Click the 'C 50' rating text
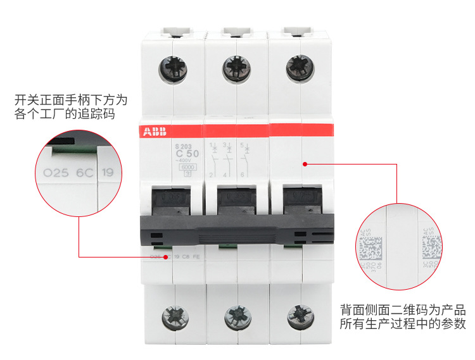pos(187,154)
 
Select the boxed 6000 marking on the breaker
pos(187,168)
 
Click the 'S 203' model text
pos(182,146)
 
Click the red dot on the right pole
pos(305,164)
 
